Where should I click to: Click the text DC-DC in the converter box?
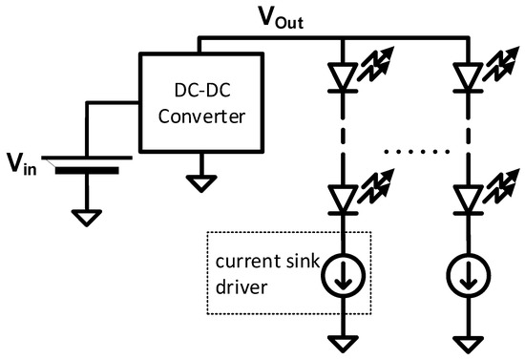[201, 95]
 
